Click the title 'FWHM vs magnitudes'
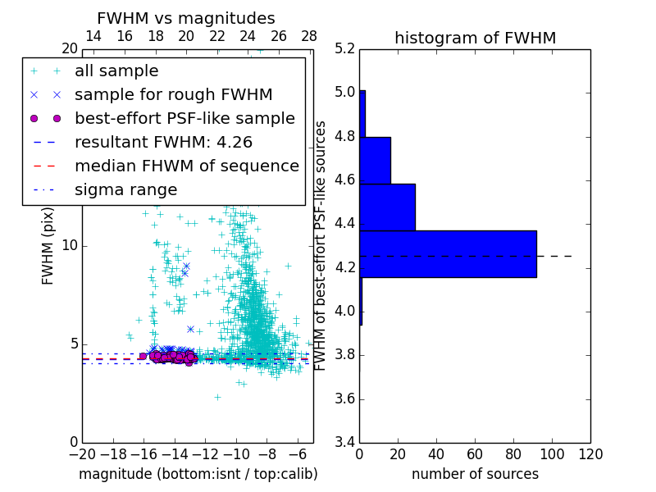(x=186, y=18)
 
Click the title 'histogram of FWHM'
(x=475, y=38)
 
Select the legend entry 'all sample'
(x=116, y=71)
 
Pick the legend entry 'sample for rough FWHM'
(x=173, y=95)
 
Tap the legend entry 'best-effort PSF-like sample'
(x=184, y=119)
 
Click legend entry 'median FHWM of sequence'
(x=187, y=166)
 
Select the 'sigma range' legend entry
(x=125, y=190)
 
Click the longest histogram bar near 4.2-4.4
(x=448, y=254)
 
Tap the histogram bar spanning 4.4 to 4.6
(x=387, y=207)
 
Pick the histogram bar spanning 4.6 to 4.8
(x=375, y=160)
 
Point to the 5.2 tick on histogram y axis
(x=345, y=49)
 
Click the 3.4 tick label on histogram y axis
(x=345, y=443)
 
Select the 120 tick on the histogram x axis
(x=590, y=454)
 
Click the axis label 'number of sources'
(x=475, y=474)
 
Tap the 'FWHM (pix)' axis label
(x=48, y=246)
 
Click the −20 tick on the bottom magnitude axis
(x=82, y=454)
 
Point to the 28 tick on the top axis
(x=309, y=36)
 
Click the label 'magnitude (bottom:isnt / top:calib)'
(x=198, y=474)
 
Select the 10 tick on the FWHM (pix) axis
(x=70, y=246)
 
